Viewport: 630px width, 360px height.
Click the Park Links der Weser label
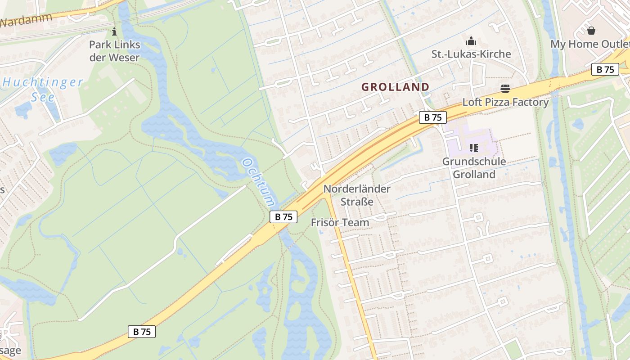114,51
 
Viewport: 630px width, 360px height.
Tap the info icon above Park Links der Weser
114,31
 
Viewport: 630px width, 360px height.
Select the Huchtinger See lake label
43,89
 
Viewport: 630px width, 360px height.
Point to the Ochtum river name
259,182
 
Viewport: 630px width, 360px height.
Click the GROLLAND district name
396,87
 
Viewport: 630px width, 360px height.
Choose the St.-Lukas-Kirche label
471,54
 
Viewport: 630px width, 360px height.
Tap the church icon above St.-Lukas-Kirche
471,41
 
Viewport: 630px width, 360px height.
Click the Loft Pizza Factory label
505,102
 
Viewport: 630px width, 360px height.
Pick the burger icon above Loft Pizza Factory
505,89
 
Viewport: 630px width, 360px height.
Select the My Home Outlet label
589,44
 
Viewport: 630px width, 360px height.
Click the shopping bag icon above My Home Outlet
591,31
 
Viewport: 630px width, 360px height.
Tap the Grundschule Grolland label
474,168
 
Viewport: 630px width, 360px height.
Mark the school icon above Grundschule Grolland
473,148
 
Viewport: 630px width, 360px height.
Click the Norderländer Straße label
357,195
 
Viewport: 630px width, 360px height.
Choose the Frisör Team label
340,222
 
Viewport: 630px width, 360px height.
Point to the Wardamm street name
26,20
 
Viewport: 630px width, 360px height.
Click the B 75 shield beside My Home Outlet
605,69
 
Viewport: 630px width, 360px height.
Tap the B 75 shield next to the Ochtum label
283,216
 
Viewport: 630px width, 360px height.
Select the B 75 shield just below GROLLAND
433,117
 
